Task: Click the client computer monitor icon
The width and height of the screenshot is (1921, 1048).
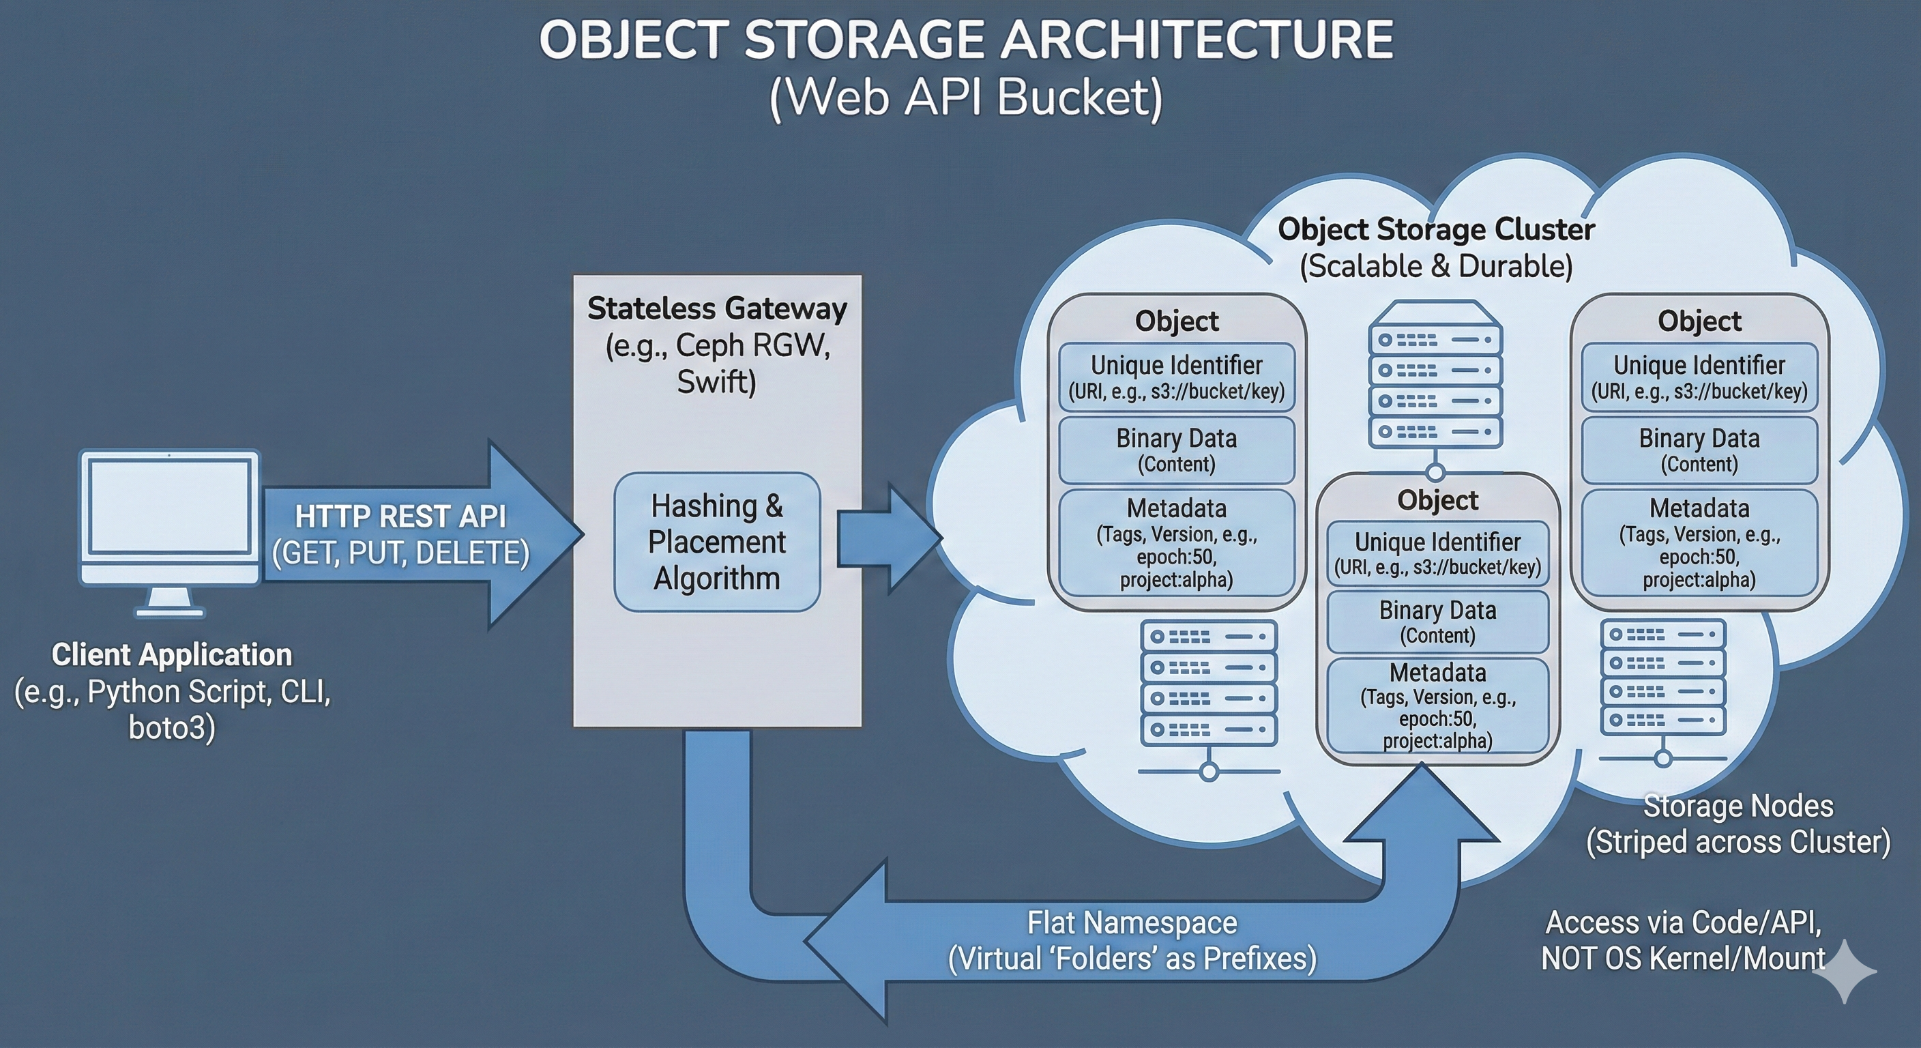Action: (170, 522)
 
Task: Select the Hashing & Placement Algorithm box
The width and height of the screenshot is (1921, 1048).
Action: (717, 542)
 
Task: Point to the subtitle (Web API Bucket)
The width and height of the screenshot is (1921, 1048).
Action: (966, 98)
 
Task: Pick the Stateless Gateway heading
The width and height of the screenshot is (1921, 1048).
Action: (717, 309)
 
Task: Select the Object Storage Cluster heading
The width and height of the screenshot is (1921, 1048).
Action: (1436, 230)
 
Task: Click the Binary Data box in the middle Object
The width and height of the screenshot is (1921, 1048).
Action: (1438, 622)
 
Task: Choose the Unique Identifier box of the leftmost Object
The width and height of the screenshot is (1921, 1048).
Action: (1176, 377)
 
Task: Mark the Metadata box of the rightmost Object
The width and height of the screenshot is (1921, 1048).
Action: (1699, 542)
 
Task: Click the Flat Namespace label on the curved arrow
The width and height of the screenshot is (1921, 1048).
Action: (1132, 923)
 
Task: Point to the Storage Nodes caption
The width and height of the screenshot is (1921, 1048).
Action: (1737, 806)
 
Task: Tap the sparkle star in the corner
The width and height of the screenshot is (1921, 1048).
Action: (1844, 971)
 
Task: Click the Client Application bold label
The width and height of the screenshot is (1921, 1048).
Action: (171, 655)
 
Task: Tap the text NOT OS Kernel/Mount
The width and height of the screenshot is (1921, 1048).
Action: (1683, 959)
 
